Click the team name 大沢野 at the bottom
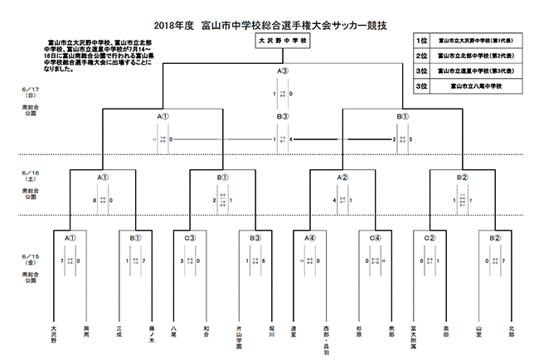[x=54, y=334]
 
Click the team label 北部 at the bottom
[x=511, y=331]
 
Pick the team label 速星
[x=295, y=331]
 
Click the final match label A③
[x=283, y=71]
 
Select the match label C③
[x=190, y=238]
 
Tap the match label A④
[x=309, y=238]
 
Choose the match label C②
[x=430, y=238]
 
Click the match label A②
[x=342, y=178]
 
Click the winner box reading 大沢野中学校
[x=283, y=39]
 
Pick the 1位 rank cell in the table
[x=422, y=40]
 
